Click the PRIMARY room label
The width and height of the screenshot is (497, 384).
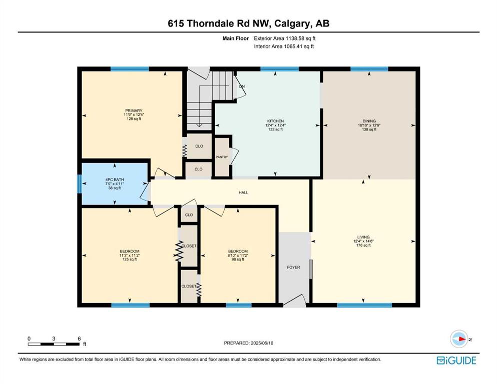click(134, 111)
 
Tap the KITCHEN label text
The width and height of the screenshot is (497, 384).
click(275, 121)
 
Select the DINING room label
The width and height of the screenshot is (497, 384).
click(369, 121)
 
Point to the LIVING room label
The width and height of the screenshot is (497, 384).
click(363, 237)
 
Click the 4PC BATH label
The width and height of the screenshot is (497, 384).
click(115, 179)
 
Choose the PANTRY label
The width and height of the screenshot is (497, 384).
click(222, 157)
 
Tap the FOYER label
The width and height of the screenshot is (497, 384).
click(293, 267)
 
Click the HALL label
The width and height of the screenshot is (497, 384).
click(243, 192)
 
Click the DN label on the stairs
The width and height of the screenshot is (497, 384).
click(242, 86)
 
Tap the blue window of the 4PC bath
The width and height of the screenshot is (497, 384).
click(80, 184)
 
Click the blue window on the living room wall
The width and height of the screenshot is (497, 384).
click(364, 305)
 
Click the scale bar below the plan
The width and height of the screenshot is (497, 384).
click(54, 344)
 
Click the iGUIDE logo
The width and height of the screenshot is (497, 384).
click(456, 360)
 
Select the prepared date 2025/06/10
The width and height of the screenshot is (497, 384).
click(262, 343)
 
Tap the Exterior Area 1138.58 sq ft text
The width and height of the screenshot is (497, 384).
click(285, 38)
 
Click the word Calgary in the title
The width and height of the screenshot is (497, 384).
click(292, 24)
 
